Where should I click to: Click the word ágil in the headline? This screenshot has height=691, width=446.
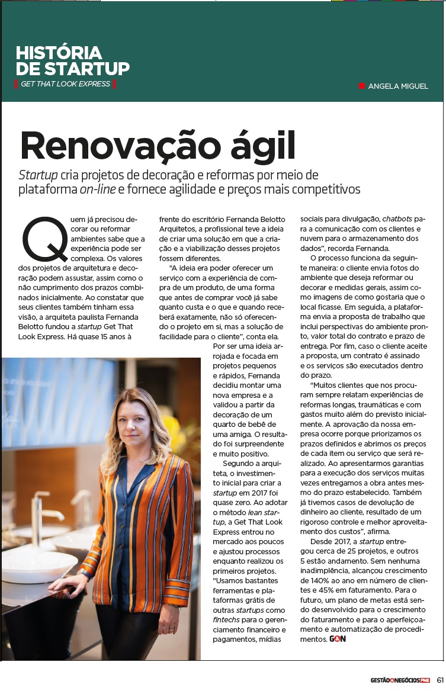(263, 147)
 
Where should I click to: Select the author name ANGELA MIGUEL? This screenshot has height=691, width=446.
(398, 86)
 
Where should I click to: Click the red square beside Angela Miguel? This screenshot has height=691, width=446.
(362, 86)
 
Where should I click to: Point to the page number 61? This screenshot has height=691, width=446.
(441, 679)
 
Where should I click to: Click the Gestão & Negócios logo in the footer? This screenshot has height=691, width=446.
(396, 679)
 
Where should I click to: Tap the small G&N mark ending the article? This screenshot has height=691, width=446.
(338, 639)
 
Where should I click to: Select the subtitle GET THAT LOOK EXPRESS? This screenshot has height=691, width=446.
(65, 83)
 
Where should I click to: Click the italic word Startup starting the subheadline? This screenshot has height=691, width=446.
(38, 175)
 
